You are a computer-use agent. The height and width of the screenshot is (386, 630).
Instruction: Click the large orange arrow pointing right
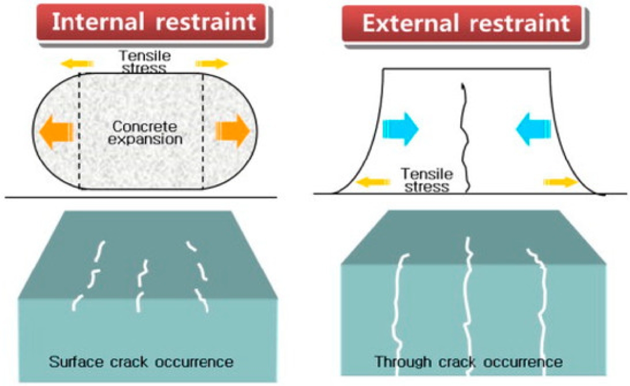[x=233, y=131]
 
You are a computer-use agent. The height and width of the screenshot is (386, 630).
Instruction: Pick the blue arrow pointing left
[x=533, y=129]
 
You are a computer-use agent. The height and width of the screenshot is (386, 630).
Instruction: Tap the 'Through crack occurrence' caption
[x=469, y=361]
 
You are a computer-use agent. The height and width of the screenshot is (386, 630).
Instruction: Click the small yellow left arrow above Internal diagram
[x=77, y=63]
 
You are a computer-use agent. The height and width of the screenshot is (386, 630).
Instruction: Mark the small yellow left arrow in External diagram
[x=372, y=182]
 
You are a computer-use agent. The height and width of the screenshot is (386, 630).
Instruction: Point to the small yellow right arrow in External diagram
[x=560, y=182]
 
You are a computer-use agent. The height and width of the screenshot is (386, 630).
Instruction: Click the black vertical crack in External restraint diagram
[x=466, y=140]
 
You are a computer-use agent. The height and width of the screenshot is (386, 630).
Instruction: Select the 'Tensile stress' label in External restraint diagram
[x=426, y=180]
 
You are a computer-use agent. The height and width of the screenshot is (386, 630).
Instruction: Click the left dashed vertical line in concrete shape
[x=79, y=131]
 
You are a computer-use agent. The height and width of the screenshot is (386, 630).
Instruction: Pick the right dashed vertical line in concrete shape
[x=203, y=131]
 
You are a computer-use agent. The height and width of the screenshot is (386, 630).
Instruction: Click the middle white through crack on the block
[x=468, y=310]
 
